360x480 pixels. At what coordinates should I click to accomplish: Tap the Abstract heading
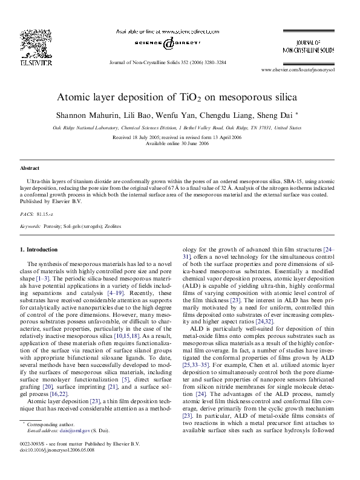(x=30, y=167)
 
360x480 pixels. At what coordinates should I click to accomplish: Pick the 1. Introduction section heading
(x=39, y=249)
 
